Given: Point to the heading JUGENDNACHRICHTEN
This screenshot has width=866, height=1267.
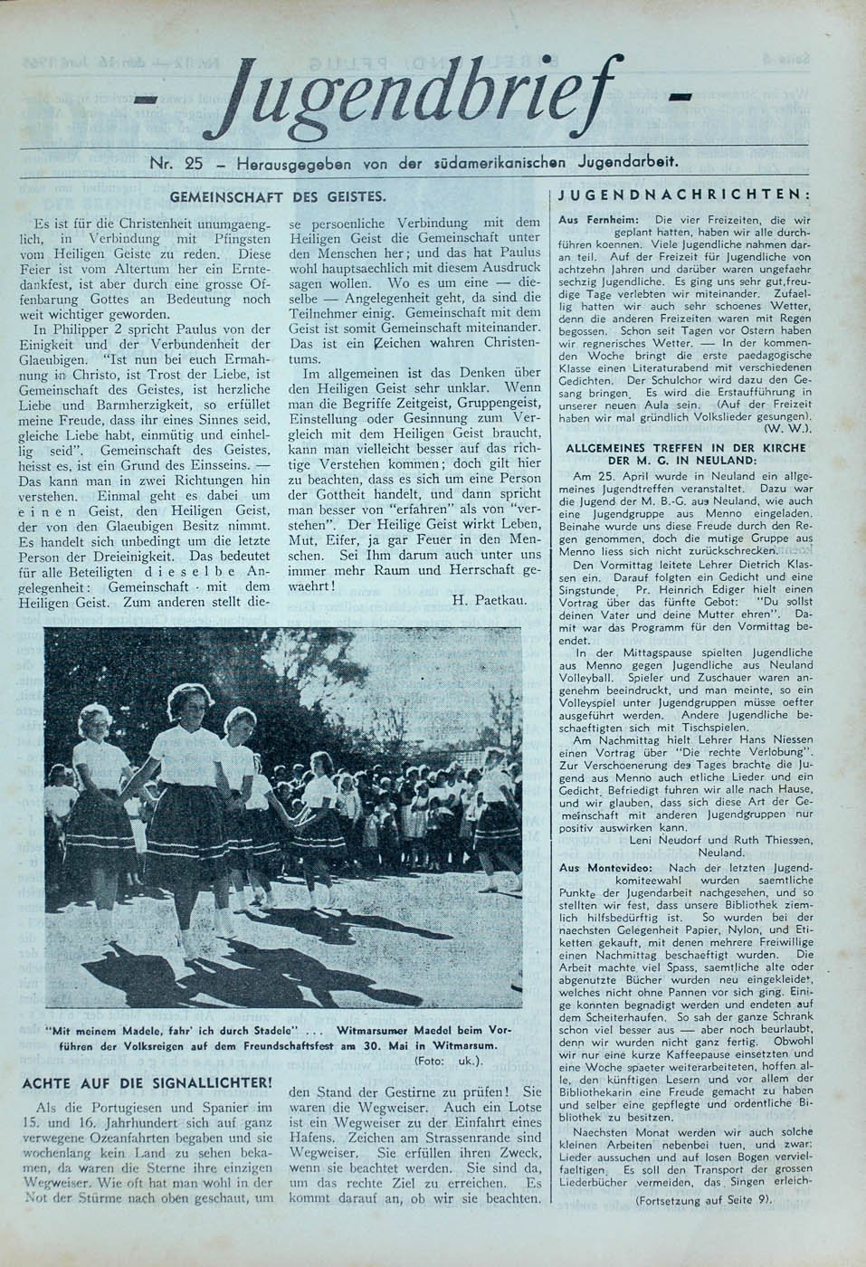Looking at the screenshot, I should pyautogui.click(x=683, y=195).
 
